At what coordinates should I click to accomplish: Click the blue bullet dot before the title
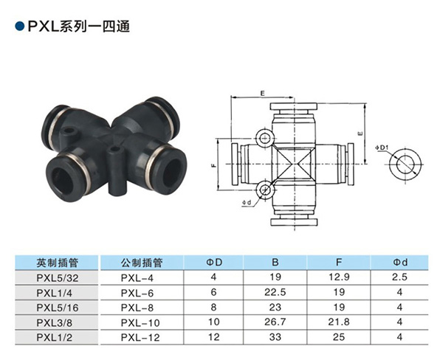tap(20, 27)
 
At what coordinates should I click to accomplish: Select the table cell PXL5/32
tap(58, 278)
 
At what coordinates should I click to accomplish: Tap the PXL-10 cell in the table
tap(140, 322)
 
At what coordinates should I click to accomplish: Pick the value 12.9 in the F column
tap(339, 277)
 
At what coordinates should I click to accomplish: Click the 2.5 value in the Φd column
tap(399, 277)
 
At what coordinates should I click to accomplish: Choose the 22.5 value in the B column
tap(275, 292)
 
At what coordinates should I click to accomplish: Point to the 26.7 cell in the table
tap(275, 322)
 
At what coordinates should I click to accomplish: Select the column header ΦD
tap(214, 262)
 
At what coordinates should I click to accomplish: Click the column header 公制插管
tap(142, 263)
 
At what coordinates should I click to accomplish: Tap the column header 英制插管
tap(58, 263)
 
